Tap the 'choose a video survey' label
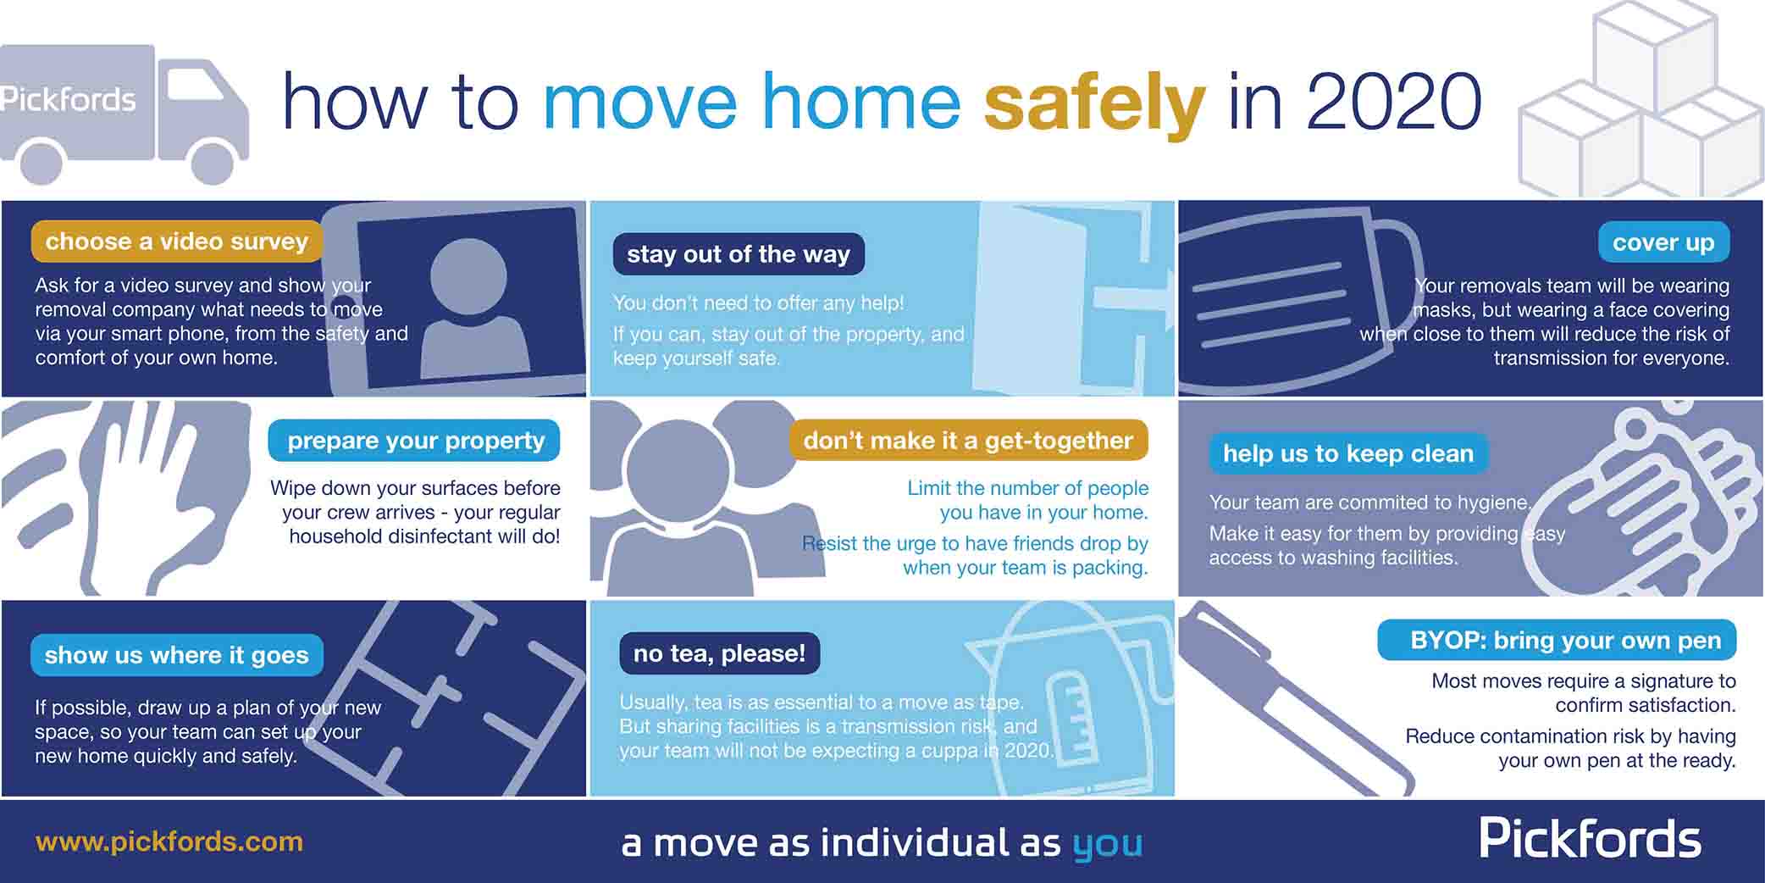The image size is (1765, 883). click(x=177, y=242)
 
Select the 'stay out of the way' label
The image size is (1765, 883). click(x=739, y=254)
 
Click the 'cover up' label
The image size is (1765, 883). click(x=1663, y=242)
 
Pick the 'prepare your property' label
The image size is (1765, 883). click(x=415, y=441)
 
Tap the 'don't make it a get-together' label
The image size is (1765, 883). click(x=968, y=441)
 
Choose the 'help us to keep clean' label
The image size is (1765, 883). click(x=1347, y=453)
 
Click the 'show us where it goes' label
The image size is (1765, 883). click(x=176, y=655)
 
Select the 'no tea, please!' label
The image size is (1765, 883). click(x=720, y=653)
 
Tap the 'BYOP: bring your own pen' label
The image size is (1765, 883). click(x=1565, y=640)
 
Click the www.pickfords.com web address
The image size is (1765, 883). click(x=169, y=841)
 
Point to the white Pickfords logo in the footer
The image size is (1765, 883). click(x=1590, y=839)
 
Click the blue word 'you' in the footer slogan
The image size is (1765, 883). click(x=1107, y=844)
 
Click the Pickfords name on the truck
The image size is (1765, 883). click(x=68, y=100)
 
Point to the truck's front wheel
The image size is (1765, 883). click(x=213, y=161)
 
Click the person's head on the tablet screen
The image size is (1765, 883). click(x=468, y=276)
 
